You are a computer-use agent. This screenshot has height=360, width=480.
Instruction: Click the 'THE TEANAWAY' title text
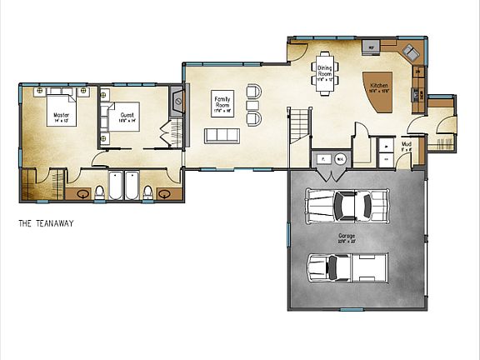(x=47, y=223)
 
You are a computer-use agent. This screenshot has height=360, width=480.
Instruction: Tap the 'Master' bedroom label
(x=61, y=117)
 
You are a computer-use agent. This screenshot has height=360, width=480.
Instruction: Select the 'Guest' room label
(x=127, y=117)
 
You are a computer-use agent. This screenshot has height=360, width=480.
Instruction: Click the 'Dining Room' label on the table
(x=324, y=73)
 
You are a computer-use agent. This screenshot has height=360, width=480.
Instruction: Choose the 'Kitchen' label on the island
(x=379, y=86)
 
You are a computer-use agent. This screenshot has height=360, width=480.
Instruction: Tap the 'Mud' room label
(x=406, y=146)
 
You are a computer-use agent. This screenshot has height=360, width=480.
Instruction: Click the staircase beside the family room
(x=299, y=124)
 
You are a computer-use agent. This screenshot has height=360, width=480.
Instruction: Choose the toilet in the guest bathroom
(x=147, y=192)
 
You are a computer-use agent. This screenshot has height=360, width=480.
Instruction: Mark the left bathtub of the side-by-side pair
(x=117, y=185)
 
